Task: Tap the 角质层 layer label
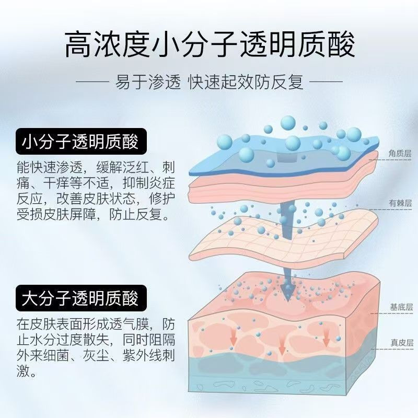pyautogui.click(x=400, y=154)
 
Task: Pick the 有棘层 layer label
pyautogui.click(x=400, y=204)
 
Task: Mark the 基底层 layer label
pyautogui.click(x=400, y=307)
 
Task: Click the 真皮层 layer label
pyautogui.click(x=400, y=343)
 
